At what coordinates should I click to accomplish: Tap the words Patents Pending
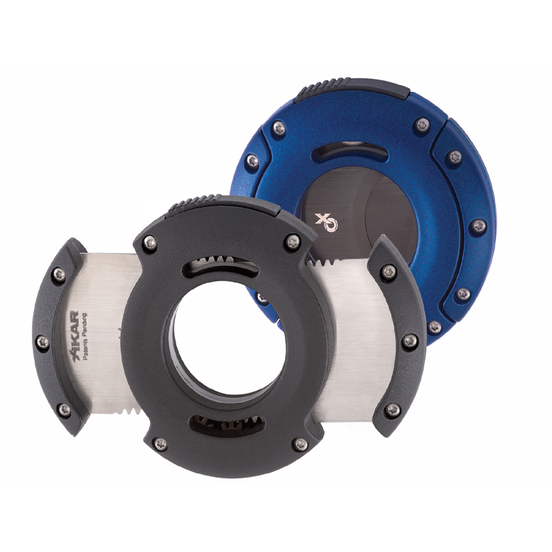84,337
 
